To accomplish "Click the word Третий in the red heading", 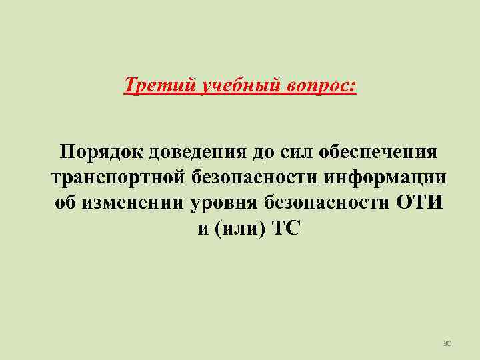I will [150, 86].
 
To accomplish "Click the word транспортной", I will [117, 177].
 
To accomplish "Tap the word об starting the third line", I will [65, 203].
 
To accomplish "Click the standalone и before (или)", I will [203, 229].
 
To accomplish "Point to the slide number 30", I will [447, 343].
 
